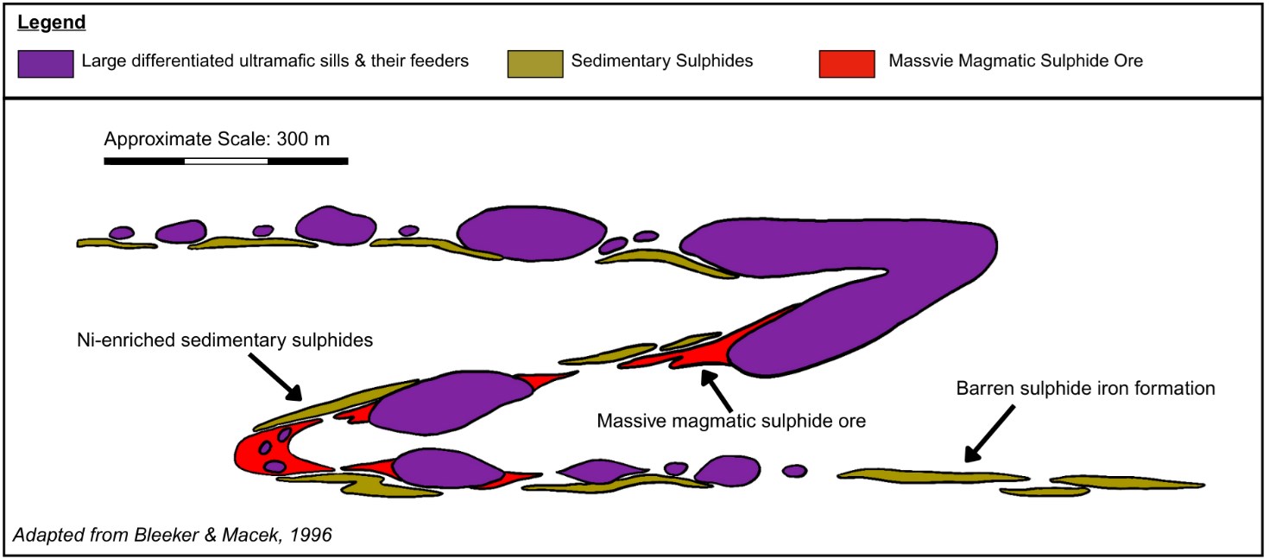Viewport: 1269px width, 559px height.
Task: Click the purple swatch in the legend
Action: click(44, 62)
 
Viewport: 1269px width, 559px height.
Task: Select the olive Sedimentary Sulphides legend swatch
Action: click(533, 62)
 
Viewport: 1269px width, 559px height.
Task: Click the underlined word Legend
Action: click(52, 23)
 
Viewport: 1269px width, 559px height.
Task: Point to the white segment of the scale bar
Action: click(225, 161)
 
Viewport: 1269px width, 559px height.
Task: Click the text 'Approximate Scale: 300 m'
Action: click(217, 139)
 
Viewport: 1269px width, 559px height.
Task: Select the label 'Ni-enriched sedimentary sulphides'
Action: click(224, 340)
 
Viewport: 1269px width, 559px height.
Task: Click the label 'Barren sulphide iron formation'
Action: click(1085, 389)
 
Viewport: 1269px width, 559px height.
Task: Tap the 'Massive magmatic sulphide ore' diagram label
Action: click(731, 421)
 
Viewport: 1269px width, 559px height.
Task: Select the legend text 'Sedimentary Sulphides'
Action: click(662, 62)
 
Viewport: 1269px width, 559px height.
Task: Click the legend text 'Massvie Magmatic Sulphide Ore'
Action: click(1015, 62)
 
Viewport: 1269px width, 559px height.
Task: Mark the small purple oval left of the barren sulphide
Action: click(794, 471)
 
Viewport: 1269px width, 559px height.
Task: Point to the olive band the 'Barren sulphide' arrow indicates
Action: click(932, 475)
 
